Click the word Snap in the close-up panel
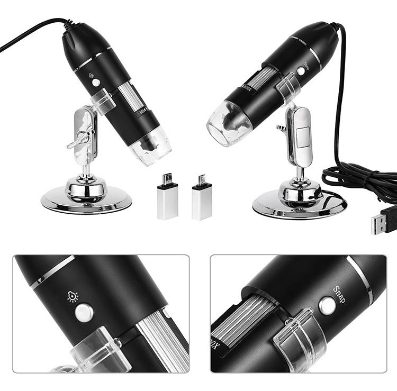(339, 295)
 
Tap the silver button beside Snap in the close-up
(327, 305)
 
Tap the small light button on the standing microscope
(96, 82)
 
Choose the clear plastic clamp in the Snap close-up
(297, 339)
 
